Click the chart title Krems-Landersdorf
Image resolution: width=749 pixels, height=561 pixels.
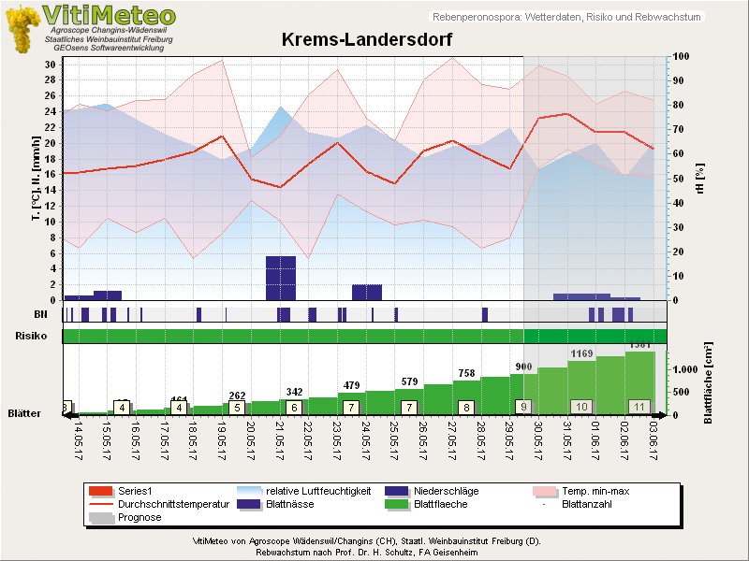[x=367, y=40]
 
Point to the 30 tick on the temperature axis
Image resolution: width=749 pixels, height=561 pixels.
[x=49, y=64]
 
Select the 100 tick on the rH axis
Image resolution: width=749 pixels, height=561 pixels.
[x=682, y=57]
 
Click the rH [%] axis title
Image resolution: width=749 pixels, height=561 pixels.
[x=701, y=177]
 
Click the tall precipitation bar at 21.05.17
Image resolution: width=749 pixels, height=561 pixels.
[x=281, y=278]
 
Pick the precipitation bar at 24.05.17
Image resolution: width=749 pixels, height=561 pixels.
[x=366, y=292]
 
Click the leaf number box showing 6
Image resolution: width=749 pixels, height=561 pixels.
[x=294, y=407]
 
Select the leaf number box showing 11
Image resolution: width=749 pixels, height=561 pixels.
[x=639, y=407]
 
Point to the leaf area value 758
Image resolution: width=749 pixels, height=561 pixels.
[x=466, y=373]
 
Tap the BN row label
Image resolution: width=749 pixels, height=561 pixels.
[x=39, y=314]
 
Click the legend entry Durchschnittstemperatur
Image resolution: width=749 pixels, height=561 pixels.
[x=174, y=504]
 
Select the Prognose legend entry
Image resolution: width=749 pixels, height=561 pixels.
[x=140, y=517]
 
